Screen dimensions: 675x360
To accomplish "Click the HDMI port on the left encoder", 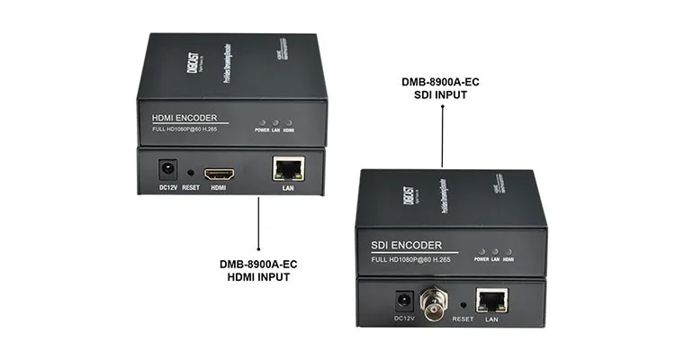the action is click(x=218, y=172).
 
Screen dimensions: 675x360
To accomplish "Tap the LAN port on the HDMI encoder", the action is click(x=288, y=169).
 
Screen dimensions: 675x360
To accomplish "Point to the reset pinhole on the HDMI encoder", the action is click(x=191, y=171).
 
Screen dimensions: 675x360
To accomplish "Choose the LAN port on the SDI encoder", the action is click(x=491, y=301).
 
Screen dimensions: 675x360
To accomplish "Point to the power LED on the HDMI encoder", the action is click(x=262, y=121).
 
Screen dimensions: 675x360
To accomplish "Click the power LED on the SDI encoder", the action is click(x=481, y=251).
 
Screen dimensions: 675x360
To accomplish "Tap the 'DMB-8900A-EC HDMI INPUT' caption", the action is click(x=258, y=270).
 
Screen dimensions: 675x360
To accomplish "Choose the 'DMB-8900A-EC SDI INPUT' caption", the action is click(x=441, y=87).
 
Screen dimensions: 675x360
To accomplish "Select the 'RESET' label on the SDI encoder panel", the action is click(x=463, y=319).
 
